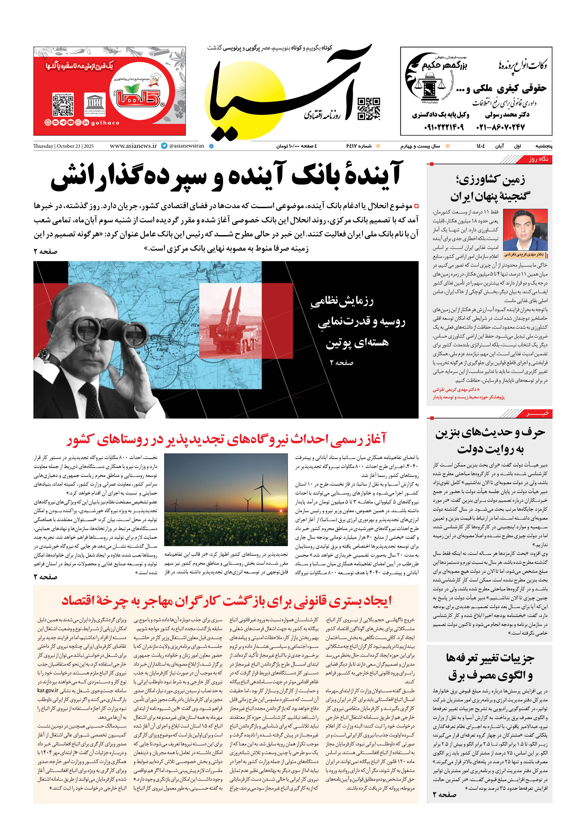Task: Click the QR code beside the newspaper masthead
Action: click(369, 109)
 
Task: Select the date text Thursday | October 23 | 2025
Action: click(63, 146)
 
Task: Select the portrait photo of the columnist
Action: click(525, 230)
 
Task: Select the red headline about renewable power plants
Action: click(226, 439)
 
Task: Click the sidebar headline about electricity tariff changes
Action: click(490, 667)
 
